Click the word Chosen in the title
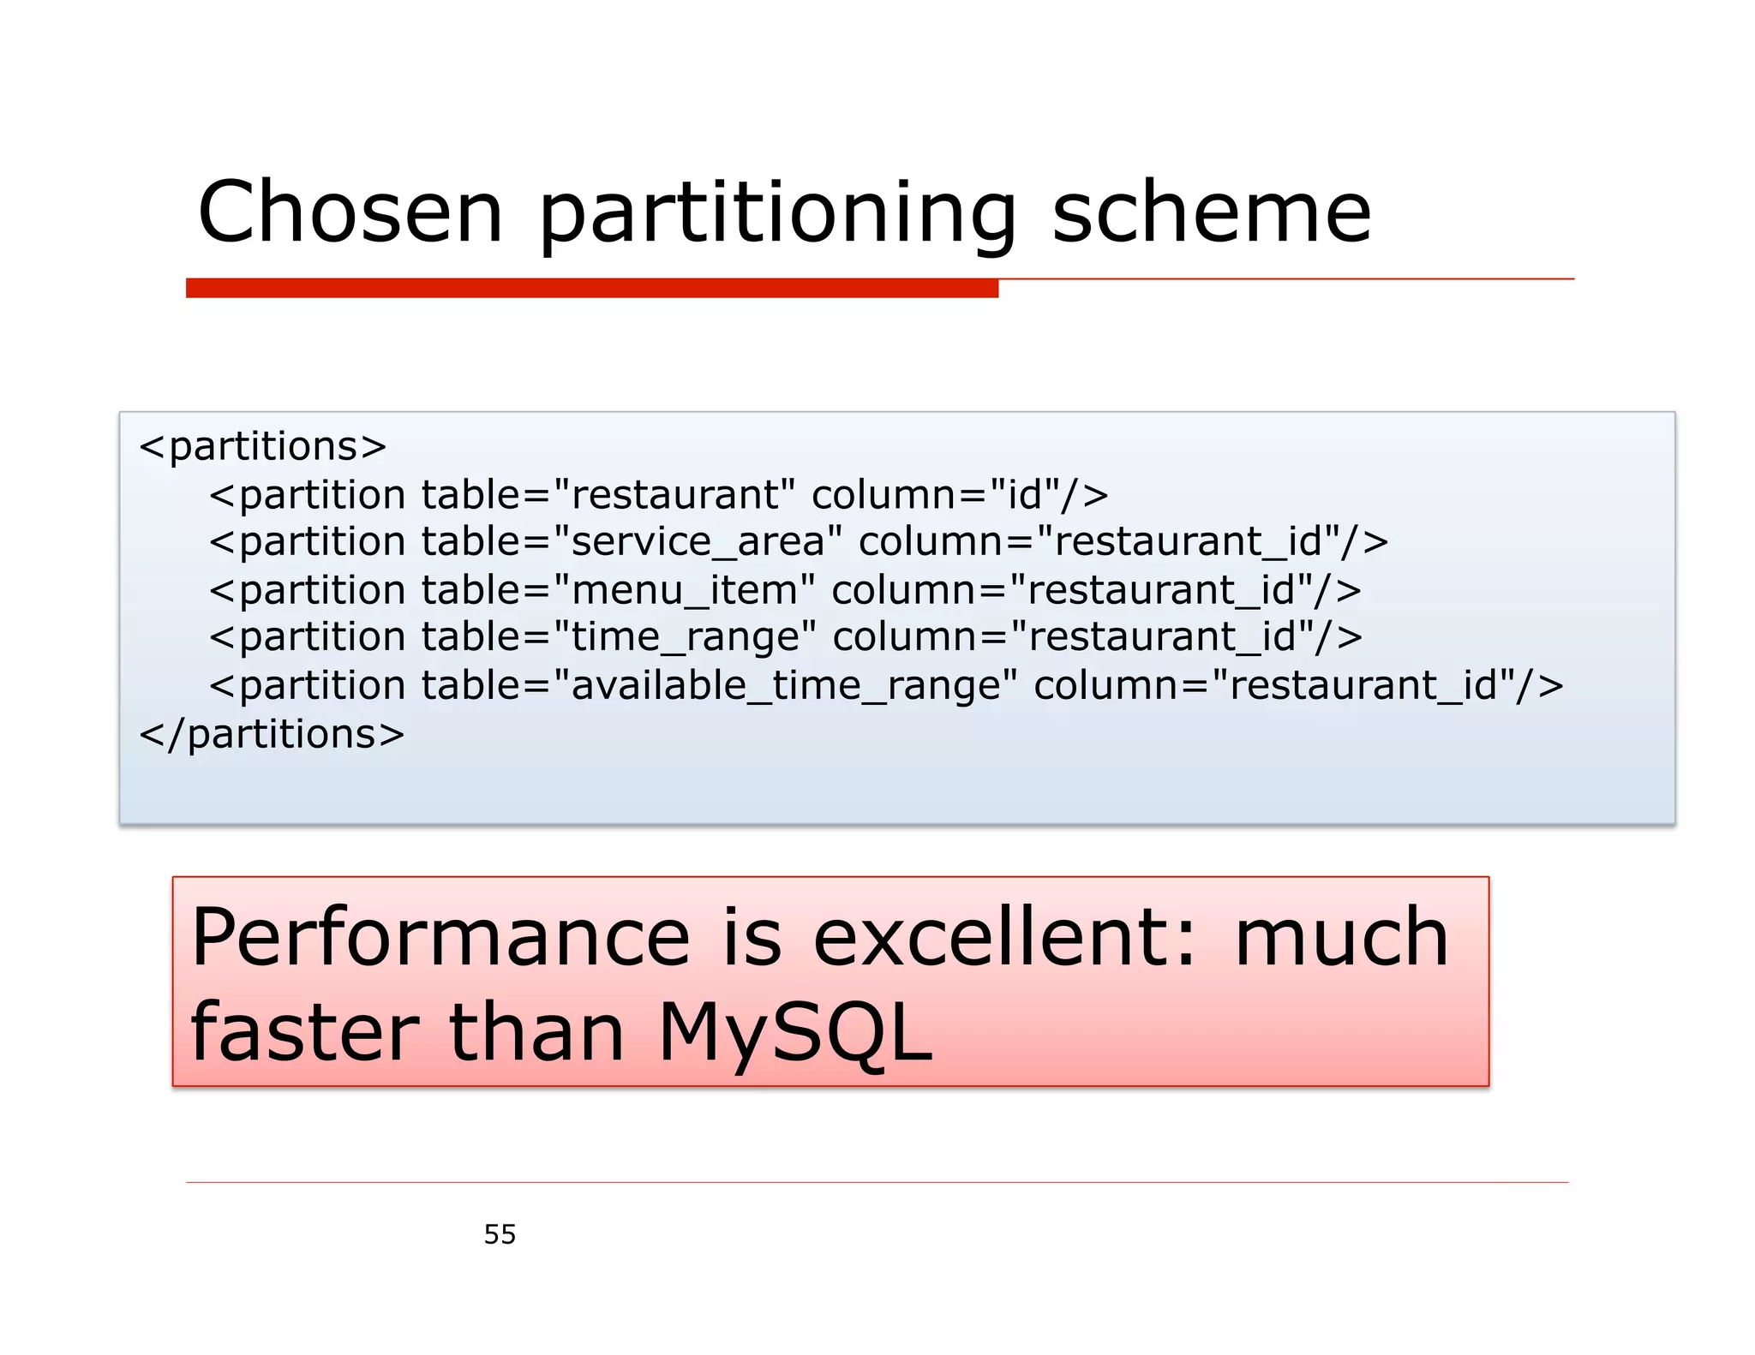350,212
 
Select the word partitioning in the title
776,214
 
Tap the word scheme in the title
1211,212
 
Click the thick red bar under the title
591,288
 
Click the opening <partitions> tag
263,446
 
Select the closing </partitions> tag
272,734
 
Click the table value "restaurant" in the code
674,495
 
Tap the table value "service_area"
698,542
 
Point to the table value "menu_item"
684,590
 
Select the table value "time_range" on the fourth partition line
684,637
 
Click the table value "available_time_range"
785,686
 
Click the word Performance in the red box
440,938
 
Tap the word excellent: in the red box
1003,938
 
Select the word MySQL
794,1033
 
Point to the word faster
304,1033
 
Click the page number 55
500,1234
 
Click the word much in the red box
1341,938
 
